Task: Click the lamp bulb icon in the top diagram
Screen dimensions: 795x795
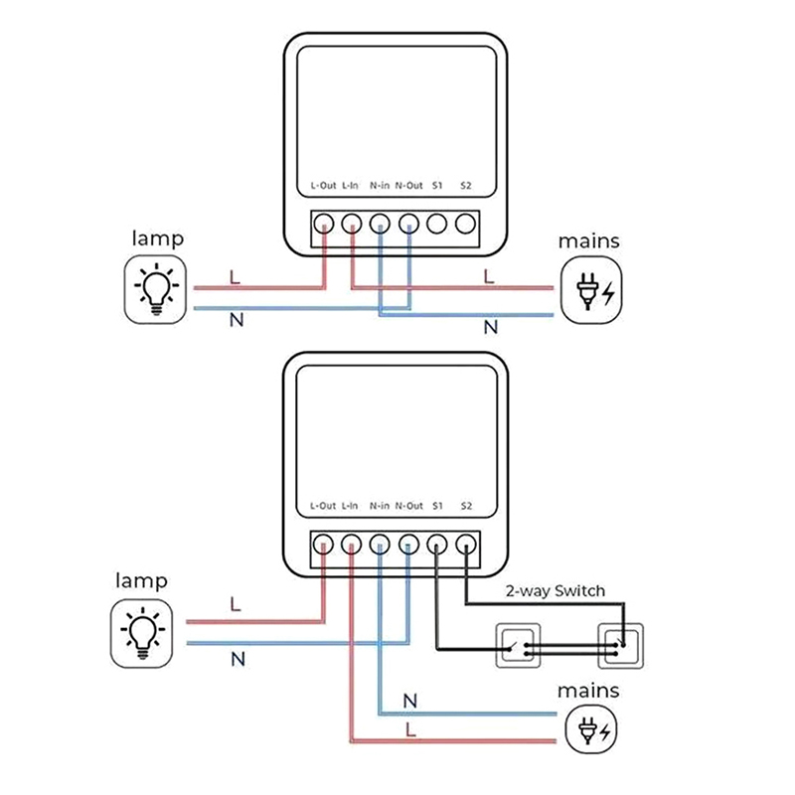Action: click(155, 288)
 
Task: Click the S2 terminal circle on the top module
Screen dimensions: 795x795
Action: click(465, 224)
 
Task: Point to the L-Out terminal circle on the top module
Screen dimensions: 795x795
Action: click(324, 224)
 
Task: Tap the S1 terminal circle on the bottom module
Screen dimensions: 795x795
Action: click(437, 544)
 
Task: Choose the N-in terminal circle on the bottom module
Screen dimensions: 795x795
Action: click(380, 544)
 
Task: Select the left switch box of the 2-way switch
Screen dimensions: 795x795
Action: click(519, 646)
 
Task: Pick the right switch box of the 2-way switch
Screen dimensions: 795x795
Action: click(620, 646)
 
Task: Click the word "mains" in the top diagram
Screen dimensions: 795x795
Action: click(588, 240)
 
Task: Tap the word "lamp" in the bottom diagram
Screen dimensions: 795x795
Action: click(141, 580)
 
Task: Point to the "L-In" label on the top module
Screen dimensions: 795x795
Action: click(351, 185)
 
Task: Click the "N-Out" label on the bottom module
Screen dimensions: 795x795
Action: click(408, 506)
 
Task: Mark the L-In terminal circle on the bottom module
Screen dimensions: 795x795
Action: click(352, 544)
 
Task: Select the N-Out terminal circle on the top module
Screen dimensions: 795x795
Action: click(408, 224)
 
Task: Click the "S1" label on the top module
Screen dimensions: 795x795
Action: click(437, 185)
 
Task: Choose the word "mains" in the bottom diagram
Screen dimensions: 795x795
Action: click(587, 690)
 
